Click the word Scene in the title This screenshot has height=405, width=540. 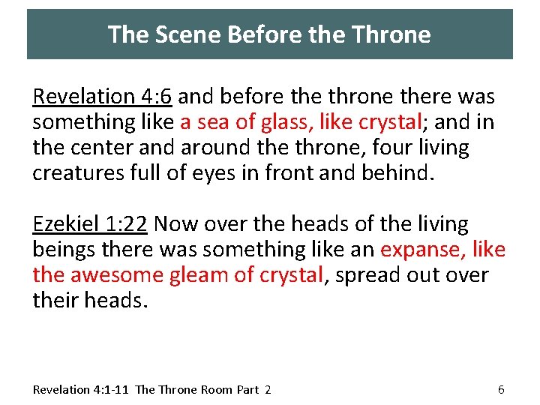[x=178, y=34]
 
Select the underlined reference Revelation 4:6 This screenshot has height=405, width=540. [x=103, y=96]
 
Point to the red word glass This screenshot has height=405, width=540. [x=280, y=122]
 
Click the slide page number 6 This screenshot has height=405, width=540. [x=501, y=389]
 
